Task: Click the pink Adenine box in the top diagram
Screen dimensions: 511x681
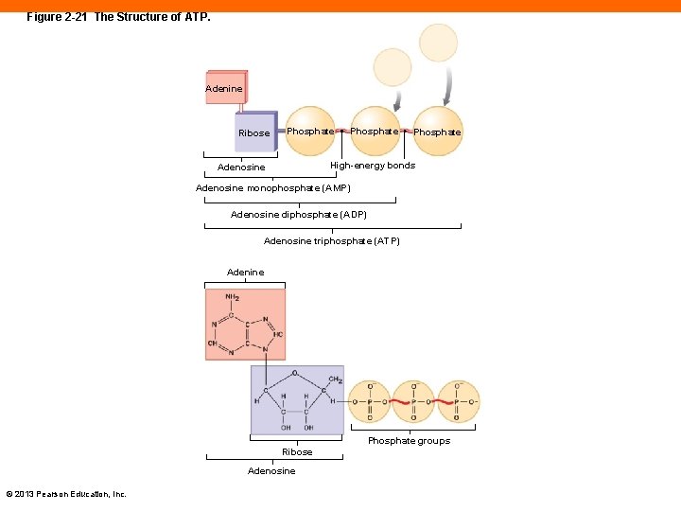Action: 225,87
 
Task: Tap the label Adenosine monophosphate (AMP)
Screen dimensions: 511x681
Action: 272,188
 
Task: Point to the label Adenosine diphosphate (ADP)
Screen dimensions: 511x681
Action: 299,215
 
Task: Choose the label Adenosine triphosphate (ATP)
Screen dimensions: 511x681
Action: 332,241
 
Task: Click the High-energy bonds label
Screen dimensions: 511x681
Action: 373,166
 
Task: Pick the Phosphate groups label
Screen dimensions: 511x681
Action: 409,441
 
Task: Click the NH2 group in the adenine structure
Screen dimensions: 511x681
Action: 232,297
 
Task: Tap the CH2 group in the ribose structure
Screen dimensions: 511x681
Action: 335,379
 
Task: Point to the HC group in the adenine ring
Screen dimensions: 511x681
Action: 277,334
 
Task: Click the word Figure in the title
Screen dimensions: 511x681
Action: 44,17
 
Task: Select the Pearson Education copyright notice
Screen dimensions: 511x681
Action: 66,493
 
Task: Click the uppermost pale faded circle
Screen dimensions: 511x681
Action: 438,43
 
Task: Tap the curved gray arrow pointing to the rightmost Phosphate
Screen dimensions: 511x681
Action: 448,86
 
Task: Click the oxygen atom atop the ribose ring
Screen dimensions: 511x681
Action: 294,373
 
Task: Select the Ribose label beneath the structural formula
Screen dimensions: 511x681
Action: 297,452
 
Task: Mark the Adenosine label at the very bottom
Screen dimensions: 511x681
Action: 271,471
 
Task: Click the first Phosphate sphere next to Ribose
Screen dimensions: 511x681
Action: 309,132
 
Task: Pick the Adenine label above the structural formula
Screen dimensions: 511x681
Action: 246,273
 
